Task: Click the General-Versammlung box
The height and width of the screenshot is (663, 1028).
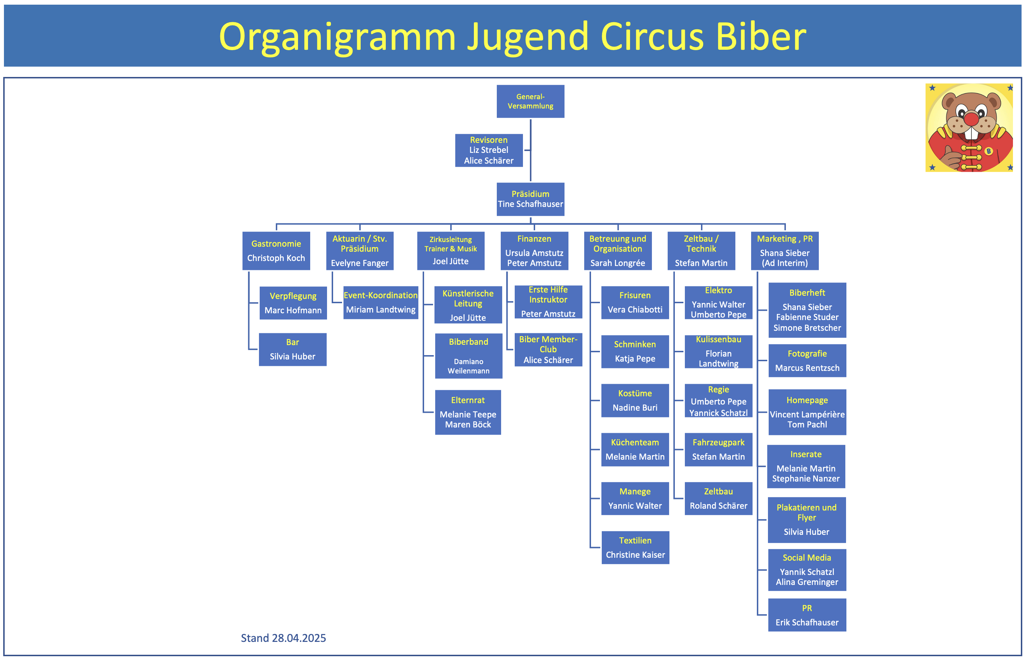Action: point(530,101)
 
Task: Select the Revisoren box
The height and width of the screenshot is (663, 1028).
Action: point(489,150)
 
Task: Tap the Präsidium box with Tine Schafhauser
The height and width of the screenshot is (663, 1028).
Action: point(530,199)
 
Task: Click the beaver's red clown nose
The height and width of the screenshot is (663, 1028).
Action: point(971,118)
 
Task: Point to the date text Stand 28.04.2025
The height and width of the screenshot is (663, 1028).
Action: point(283,638)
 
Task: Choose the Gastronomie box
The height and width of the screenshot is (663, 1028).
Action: point(276,251)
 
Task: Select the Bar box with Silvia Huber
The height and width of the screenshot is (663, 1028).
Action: point(292,349)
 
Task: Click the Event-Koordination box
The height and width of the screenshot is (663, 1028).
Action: point(381,302)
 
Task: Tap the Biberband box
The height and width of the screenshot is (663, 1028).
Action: point(469,355)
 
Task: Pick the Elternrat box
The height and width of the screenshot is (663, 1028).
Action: point(468,412)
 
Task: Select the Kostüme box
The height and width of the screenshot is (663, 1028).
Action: point(635,400)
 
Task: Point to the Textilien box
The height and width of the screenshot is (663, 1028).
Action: point(635,547)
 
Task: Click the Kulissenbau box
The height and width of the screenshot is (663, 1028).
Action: point(719,351)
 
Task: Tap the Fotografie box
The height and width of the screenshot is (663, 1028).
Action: point(807,360)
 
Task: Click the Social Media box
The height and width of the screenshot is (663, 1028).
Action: point(807,570)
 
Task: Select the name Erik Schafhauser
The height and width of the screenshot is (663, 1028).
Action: point(807,622)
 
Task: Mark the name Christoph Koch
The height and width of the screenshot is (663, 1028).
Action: point(276,258)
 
